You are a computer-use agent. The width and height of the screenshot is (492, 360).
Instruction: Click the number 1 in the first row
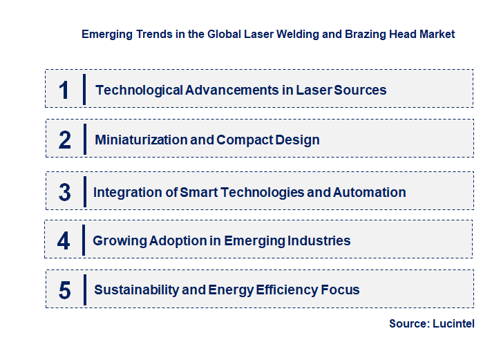click(64, 90)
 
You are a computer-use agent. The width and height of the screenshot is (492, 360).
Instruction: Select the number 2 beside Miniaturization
click(65, 140)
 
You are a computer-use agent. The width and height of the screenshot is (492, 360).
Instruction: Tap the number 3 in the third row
click(65, 193)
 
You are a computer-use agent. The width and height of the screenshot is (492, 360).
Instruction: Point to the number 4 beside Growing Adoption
click(64, 241)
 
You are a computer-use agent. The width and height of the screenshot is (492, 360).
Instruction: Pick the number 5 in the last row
click(65, 290)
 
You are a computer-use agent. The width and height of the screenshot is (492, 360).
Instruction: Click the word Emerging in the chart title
click(104, 34)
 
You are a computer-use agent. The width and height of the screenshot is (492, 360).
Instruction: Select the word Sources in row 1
click(361, 90)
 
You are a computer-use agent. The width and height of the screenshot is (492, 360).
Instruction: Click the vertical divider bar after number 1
click(84, 90)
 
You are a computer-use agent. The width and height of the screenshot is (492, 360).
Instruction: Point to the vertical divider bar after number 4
click(84, 241)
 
